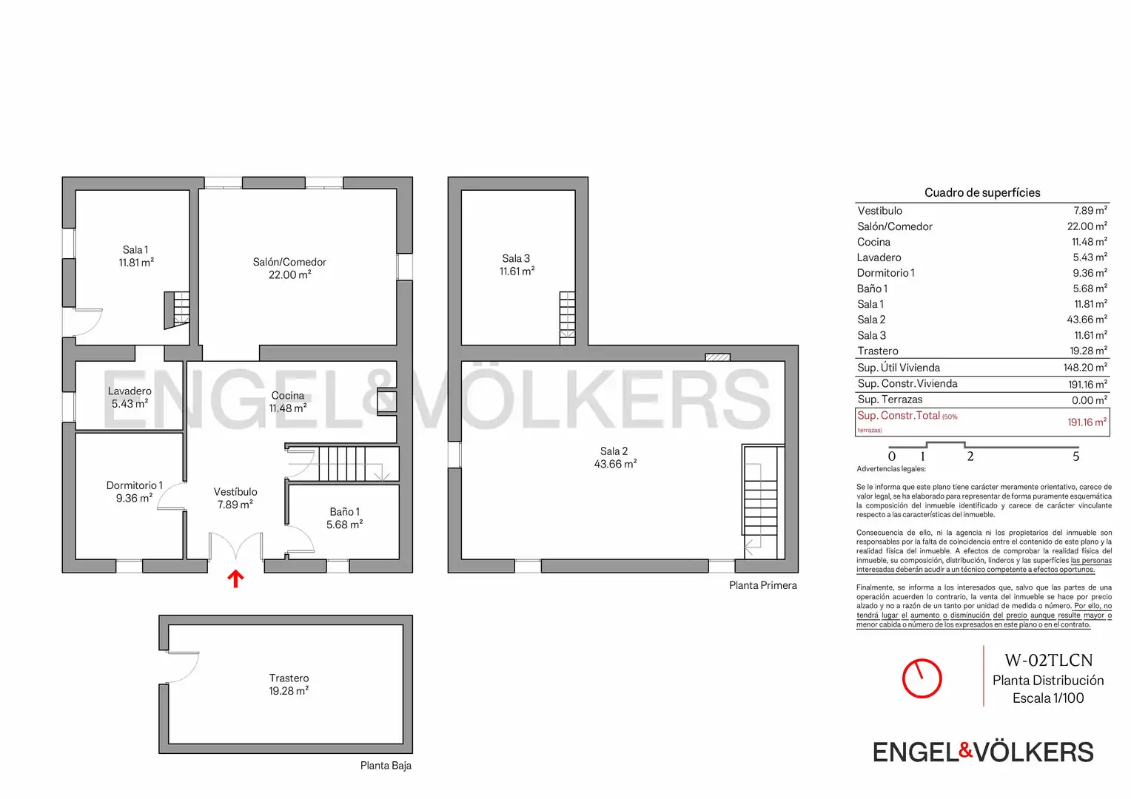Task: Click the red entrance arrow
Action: pos(235,579)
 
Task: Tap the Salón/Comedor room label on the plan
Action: pos(289,262)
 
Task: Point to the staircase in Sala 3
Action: pos(567,318)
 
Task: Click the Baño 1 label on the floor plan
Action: pos(344,512)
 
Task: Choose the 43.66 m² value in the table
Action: pos(1087,320)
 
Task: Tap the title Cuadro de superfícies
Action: pos(982,192)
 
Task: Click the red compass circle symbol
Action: pos(922,678)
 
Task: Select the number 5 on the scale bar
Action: pos(1075,456)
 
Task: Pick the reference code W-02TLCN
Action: pos(1048,660)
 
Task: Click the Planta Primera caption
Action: pos(762,585)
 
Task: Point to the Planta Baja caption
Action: pos(386,766)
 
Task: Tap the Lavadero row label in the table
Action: pos(879,257)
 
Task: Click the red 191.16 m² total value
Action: pos(1087,422)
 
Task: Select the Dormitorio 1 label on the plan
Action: pos(134,485)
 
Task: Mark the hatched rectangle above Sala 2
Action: pos(717,357)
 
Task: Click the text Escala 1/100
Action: pos(1048,698)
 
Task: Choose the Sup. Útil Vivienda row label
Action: pos(899,368)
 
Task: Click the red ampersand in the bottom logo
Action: pos(965,751)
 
